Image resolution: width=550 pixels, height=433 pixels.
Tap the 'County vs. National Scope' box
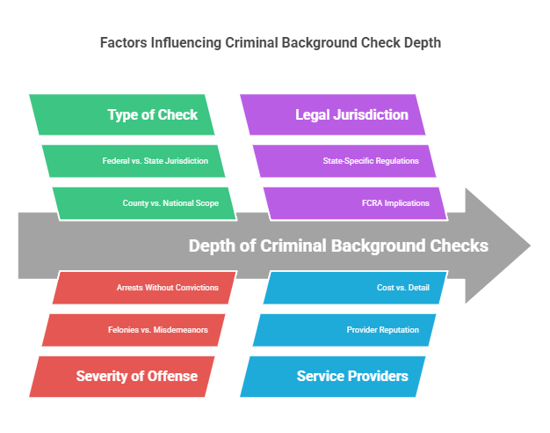click(144, 203)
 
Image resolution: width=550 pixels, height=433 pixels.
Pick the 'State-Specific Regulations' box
click(348, 161)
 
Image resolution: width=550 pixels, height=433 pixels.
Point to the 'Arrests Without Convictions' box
click(144, 288)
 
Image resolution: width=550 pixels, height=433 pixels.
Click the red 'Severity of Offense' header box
click(128, 377)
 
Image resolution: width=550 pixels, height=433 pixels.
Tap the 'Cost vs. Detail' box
click(356, 288)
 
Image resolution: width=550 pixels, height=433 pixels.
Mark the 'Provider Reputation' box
click(348, 330)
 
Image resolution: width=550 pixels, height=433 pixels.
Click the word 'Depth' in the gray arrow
click(212, 246)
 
